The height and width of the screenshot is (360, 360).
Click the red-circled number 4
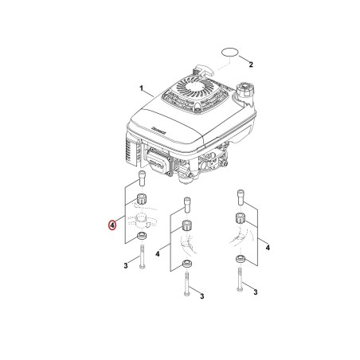[112, 225]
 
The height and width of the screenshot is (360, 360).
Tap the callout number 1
[142, 88]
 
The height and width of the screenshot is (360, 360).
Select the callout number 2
[251, 65]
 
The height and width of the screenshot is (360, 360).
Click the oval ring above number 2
[229, 52]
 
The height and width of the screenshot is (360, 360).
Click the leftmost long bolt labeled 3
[142, 256]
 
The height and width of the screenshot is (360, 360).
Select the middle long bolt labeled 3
[186, 284]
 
